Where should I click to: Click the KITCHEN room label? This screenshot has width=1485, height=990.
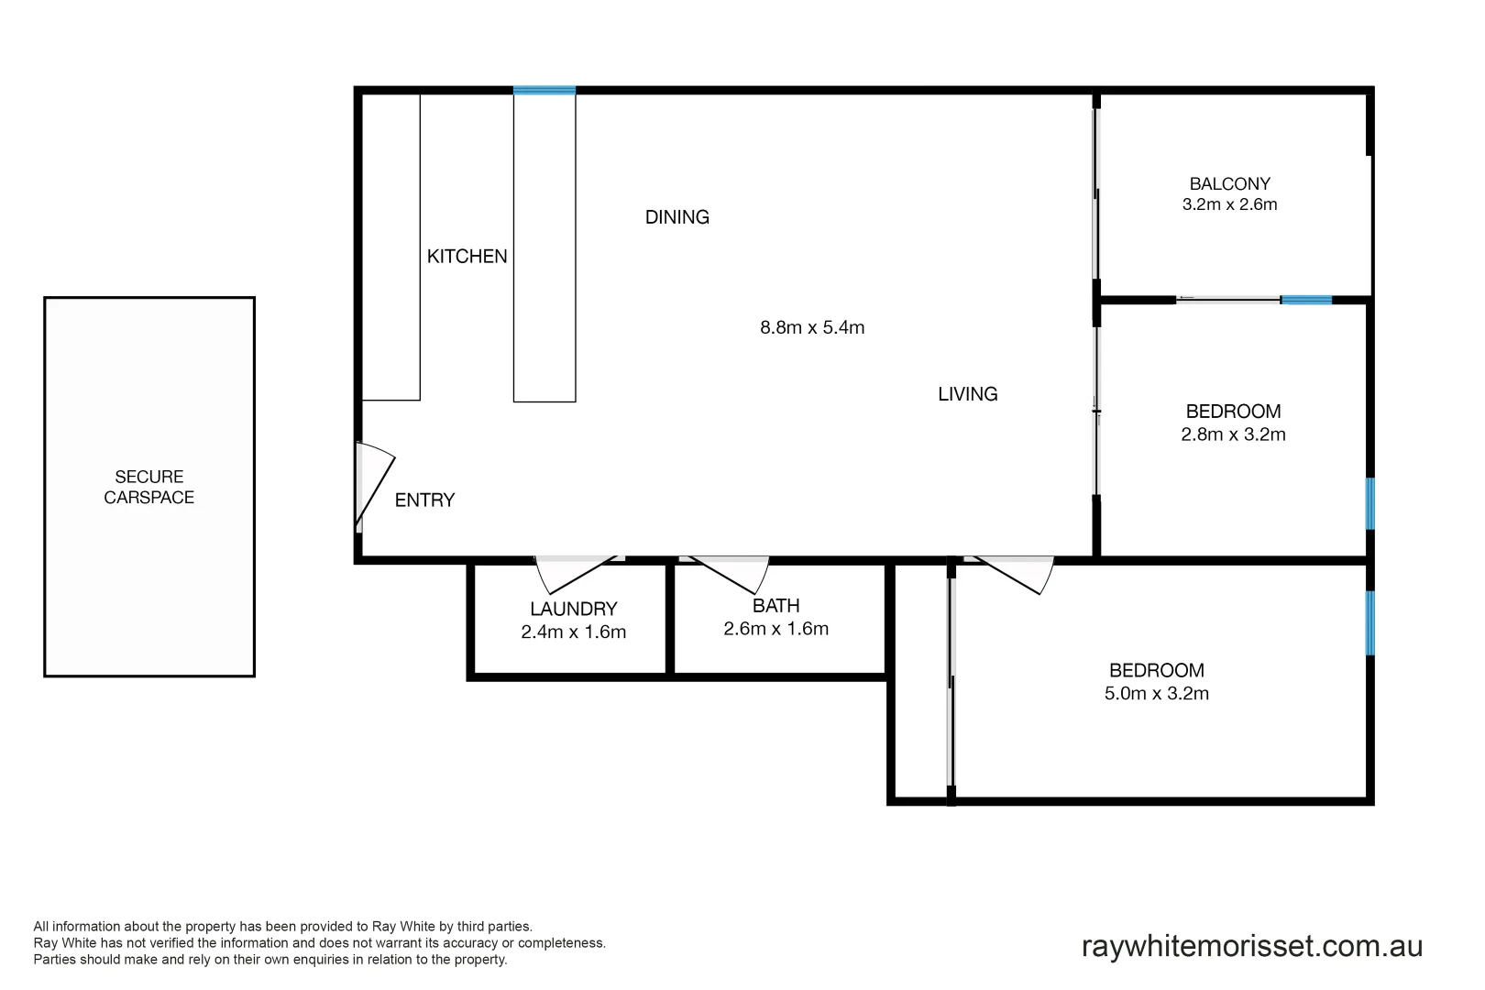[x=467, y=257]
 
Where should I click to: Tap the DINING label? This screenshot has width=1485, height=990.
[x=677, y=217]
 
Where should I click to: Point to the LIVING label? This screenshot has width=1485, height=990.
[x=967, y=394]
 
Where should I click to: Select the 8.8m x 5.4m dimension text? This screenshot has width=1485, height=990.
[x=812, y=327]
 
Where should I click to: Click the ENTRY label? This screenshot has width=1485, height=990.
[x=424, y=500]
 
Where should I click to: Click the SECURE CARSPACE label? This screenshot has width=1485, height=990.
[x=149, y=487]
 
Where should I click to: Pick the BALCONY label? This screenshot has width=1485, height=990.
[x=1229, y=184]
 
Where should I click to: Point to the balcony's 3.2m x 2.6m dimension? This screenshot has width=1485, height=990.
[x=1229, y=204]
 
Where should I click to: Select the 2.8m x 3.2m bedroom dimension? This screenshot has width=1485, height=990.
[x=1233, y=434]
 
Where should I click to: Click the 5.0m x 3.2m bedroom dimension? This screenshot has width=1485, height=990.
[x=1156, y=694]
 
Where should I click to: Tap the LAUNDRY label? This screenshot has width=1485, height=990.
[x=574, y=609]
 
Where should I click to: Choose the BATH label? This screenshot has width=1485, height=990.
[x=775, y=606]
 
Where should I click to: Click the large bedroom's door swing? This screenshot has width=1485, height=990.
[x=1013, y=575]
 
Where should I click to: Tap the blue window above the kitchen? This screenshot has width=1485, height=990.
[x=544, y=90]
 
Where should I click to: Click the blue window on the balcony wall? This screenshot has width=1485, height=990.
[x=1305, y=300]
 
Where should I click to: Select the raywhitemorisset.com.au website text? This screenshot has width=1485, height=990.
[x=1251, y=946]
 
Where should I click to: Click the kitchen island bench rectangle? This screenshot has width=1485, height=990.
[x=544, y=247]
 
